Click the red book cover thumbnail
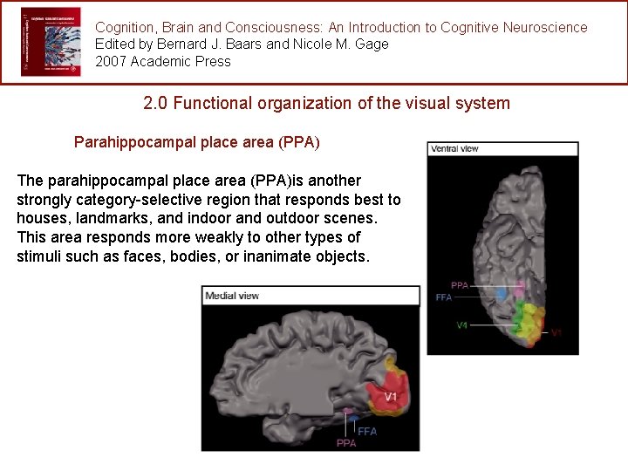click(50, 42)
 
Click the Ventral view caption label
click(454, 148)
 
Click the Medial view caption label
click(232, 296)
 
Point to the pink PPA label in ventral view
click(460, 285)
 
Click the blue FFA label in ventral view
click(443, 297)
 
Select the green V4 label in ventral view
click(462, 325)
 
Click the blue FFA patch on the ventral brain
click(502, 295)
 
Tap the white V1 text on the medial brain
click(390, 396)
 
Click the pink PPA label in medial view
click(345, 443)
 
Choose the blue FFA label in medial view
click(367, 431)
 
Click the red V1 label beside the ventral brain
click(556, 333)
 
